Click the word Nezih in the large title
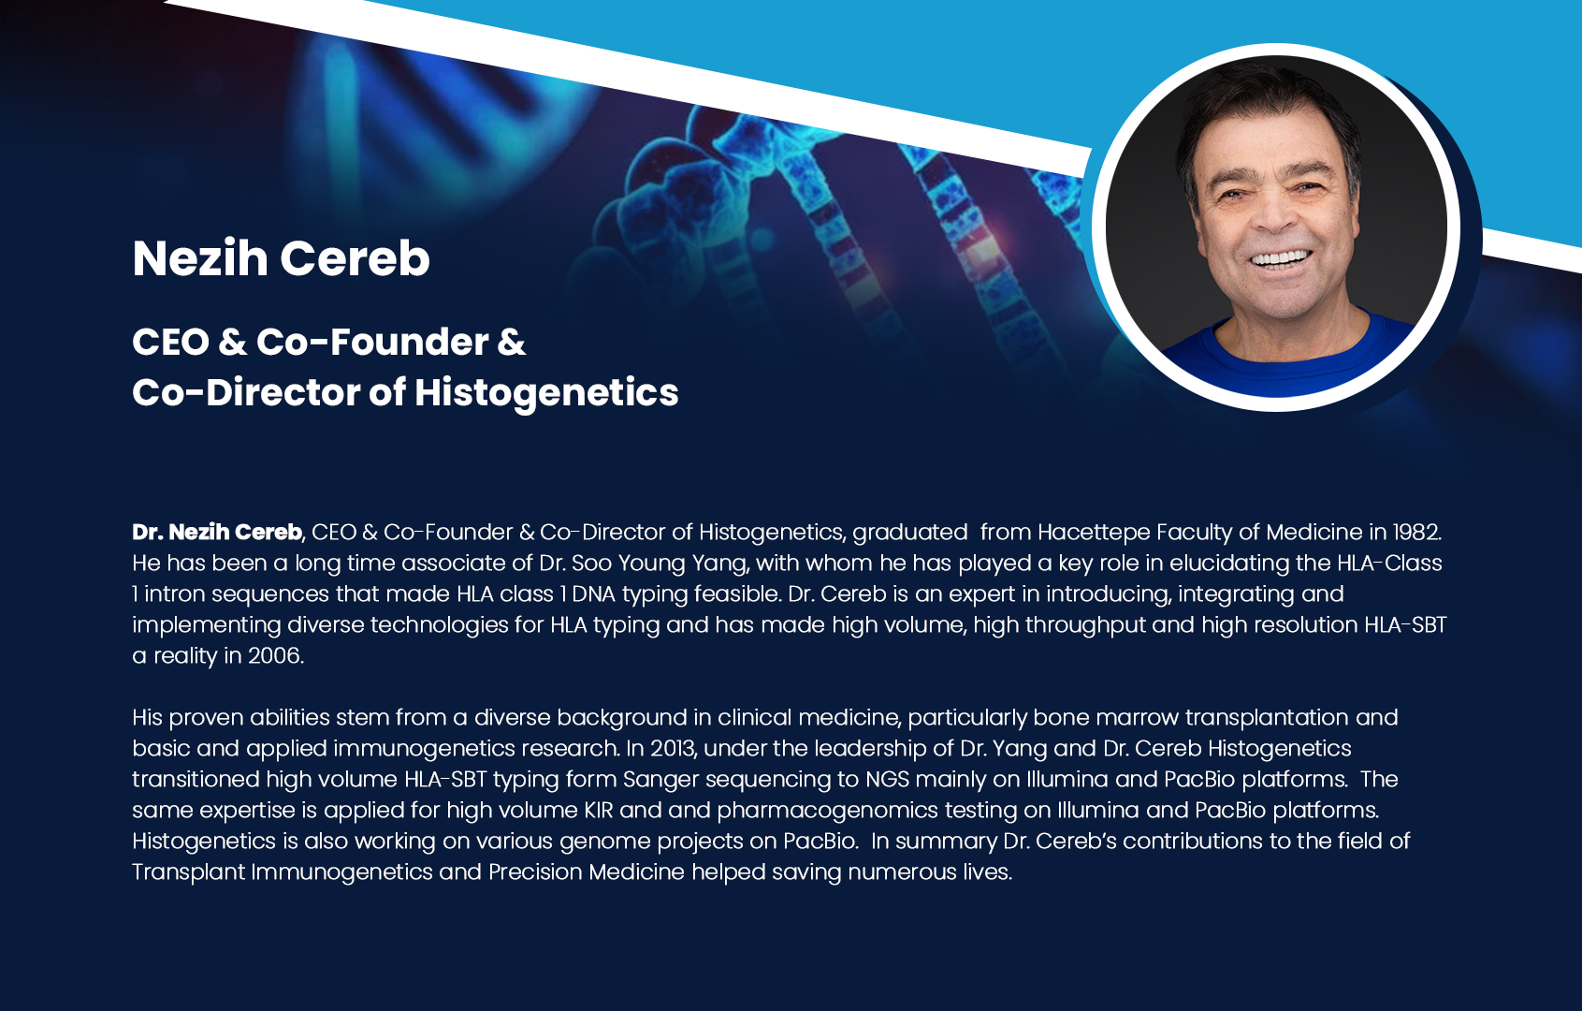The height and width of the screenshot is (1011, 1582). (x=200, y=257)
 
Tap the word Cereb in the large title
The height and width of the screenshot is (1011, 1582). (x=355, y=257)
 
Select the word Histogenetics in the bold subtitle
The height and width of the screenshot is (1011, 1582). (x=546, y=393)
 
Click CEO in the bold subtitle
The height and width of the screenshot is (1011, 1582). (x=171, y=342)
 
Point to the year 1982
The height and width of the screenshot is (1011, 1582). (x=1416, y=532)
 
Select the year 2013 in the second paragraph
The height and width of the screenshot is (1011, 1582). (x=668, y=748)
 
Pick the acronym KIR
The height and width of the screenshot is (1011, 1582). (x=599, y=810)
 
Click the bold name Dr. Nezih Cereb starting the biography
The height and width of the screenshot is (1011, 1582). (x=218, y=532)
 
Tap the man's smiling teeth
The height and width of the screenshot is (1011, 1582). (x=1281, y=258)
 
